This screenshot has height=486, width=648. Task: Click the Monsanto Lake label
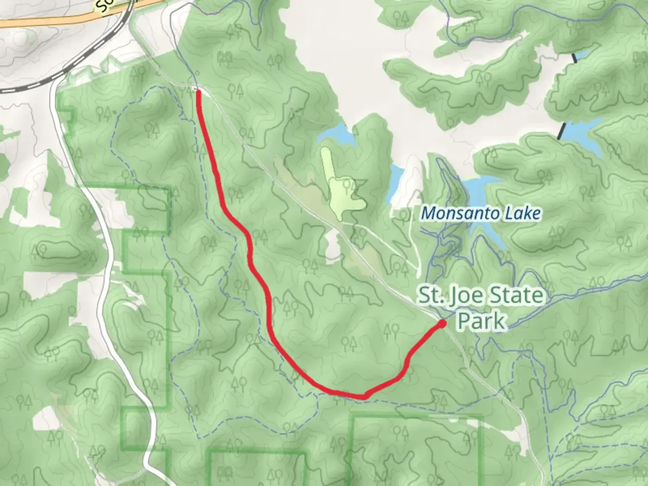click(x=481, y=213)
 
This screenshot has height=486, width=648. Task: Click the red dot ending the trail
click(x=442, y=323)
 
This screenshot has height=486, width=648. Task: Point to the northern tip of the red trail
click(x=198, y=91)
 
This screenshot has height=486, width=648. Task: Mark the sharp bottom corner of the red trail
click(x=364, y=396)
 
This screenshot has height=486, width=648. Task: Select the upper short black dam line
click(x=574, y=57)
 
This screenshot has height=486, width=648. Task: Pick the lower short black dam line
click(x=562, y=130)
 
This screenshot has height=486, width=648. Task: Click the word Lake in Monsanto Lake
click(x=525, y=213)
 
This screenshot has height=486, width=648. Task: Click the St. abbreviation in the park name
click(x=430, y=296)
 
